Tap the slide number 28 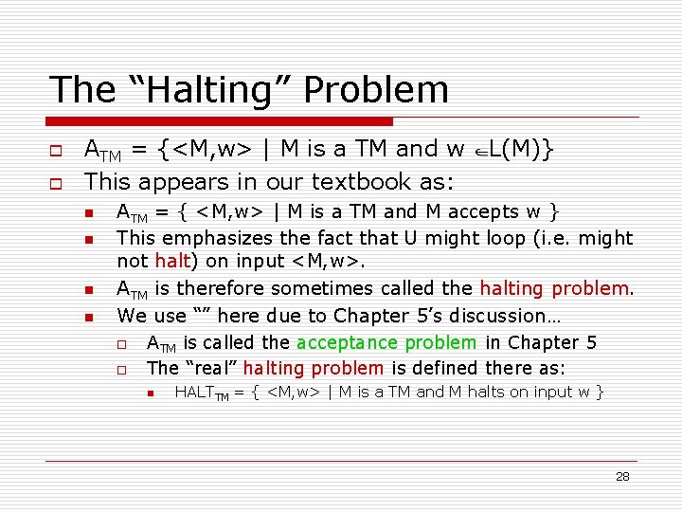click(x=622, y=476)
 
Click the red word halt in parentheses click(x=172, y=261)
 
